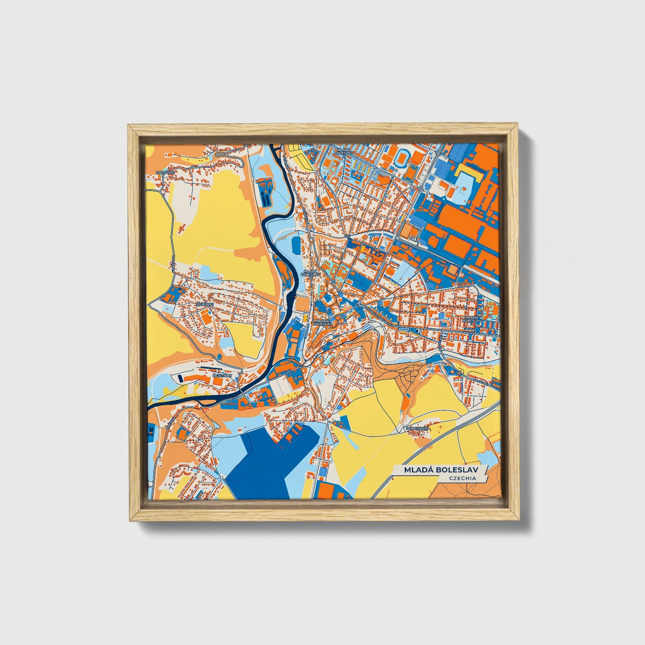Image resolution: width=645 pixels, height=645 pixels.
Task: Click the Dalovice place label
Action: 163,172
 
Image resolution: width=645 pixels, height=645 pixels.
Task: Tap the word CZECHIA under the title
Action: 462,478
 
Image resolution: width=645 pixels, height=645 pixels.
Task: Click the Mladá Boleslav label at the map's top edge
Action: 345,151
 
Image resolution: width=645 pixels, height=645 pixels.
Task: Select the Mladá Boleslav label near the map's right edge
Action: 472,319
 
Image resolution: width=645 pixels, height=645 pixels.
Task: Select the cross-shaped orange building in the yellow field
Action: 182,229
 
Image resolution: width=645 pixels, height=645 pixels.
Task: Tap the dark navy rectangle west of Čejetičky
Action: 180,379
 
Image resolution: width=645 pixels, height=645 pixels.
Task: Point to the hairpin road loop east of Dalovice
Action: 219,154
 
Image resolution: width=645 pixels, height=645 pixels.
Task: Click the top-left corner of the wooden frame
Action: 129,125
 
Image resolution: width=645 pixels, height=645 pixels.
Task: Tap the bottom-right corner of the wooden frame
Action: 519,520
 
